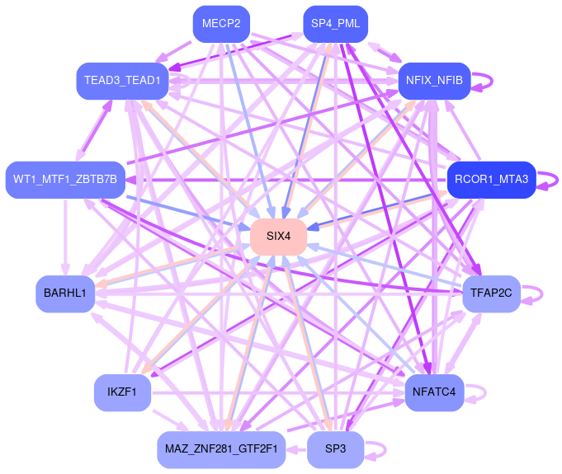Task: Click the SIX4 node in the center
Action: click(x=279, y=237)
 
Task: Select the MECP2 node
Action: click(x=220, y=24)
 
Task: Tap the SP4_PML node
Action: click(x=335, y=24)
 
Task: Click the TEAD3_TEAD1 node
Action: click(x=123, y=80)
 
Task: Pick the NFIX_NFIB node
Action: click(x=434, y=80)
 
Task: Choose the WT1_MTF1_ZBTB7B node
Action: click(x=65, y=179)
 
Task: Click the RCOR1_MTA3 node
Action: click(x=492, y=179)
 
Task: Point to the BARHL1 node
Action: click(x=65, y=294)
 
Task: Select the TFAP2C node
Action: click(x=492, y=293)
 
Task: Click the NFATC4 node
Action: click(x=434, y=392)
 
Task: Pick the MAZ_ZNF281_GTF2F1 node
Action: click(x=220, y=449)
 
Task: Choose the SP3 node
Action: click(x=335, y=449)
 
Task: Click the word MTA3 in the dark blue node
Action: click(x=513, y=179)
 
